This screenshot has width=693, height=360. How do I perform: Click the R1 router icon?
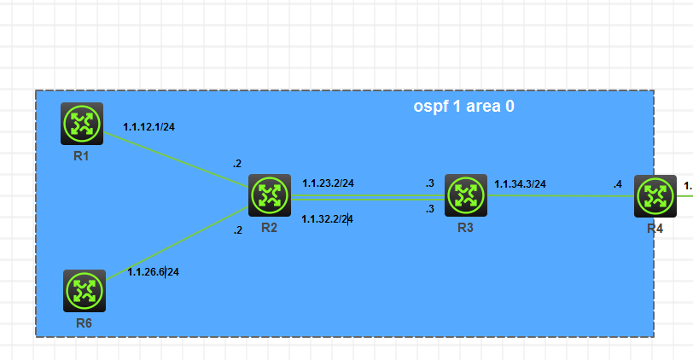[x=82, y=124]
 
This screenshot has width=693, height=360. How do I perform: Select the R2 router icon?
[x=270, y=195]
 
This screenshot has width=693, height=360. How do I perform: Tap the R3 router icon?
[x=466, y=195]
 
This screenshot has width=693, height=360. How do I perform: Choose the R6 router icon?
[x=84, y=291]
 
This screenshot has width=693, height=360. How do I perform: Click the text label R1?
[x=82, y=157]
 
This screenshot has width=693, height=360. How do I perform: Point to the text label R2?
[x=270, y=228]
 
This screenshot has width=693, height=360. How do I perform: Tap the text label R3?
[x=466, y=228]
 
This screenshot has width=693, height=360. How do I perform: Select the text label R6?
[x=84, y=323]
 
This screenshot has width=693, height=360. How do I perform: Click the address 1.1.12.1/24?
[x=149, y=127]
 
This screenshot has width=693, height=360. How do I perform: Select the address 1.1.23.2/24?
[x=328, y=183]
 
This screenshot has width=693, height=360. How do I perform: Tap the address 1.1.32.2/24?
[x=328, y=219]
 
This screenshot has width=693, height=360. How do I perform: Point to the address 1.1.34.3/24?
[x=521, y=183]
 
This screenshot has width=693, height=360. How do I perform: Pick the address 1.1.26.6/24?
[x=153, y=272]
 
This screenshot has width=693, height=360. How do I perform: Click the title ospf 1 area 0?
[x=463, y=107]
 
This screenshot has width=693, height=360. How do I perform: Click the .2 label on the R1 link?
[x=237, y=163]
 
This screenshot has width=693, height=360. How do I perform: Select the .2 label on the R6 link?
[x=238, y=230]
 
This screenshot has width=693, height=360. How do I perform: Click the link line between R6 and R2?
[x=179, y=244]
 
